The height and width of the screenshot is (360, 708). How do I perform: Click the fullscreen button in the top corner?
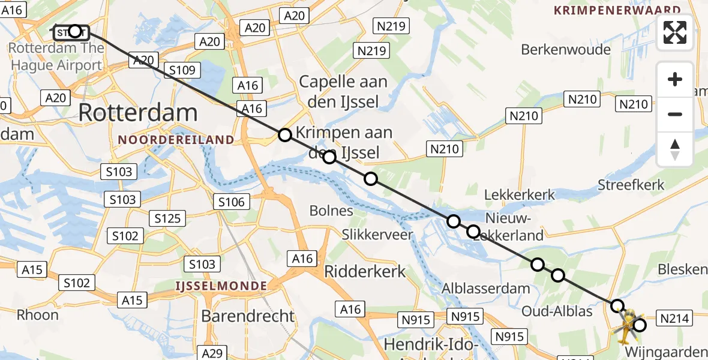[x=675, y=32]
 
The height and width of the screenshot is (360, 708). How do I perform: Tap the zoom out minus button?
[x=675, y=114]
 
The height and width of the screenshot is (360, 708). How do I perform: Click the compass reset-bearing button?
[x=675, y=149]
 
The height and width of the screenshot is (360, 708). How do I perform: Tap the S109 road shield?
[x=182, y=71]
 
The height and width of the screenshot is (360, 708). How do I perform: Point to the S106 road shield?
[x=231, y=202]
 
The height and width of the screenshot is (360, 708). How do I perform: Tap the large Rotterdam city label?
[x=137, y=113]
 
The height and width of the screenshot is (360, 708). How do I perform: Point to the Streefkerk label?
[x=631, y=184]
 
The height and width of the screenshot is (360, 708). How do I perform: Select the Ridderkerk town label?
[x=365, y=271]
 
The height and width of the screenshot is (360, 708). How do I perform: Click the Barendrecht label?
[x=248, y=316]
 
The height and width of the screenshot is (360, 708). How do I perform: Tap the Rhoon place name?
[x=37, y=314]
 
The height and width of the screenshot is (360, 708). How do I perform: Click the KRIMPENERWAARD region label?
[x=617, y=10]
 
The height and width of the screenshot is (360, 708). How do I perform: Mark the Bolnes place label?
[x=331, y=211]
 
